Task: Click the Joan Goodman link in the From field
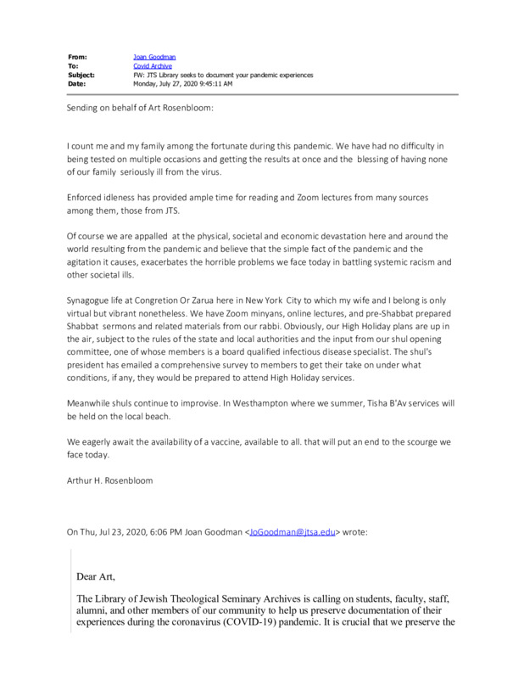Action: click(155, 57)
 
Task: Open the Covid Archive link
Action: click(153, 65)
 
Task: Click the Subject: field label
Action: click(82, 75)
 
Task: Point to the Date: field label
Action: click(77, 83)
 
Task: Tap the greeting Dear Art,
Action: click(97, 576)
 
